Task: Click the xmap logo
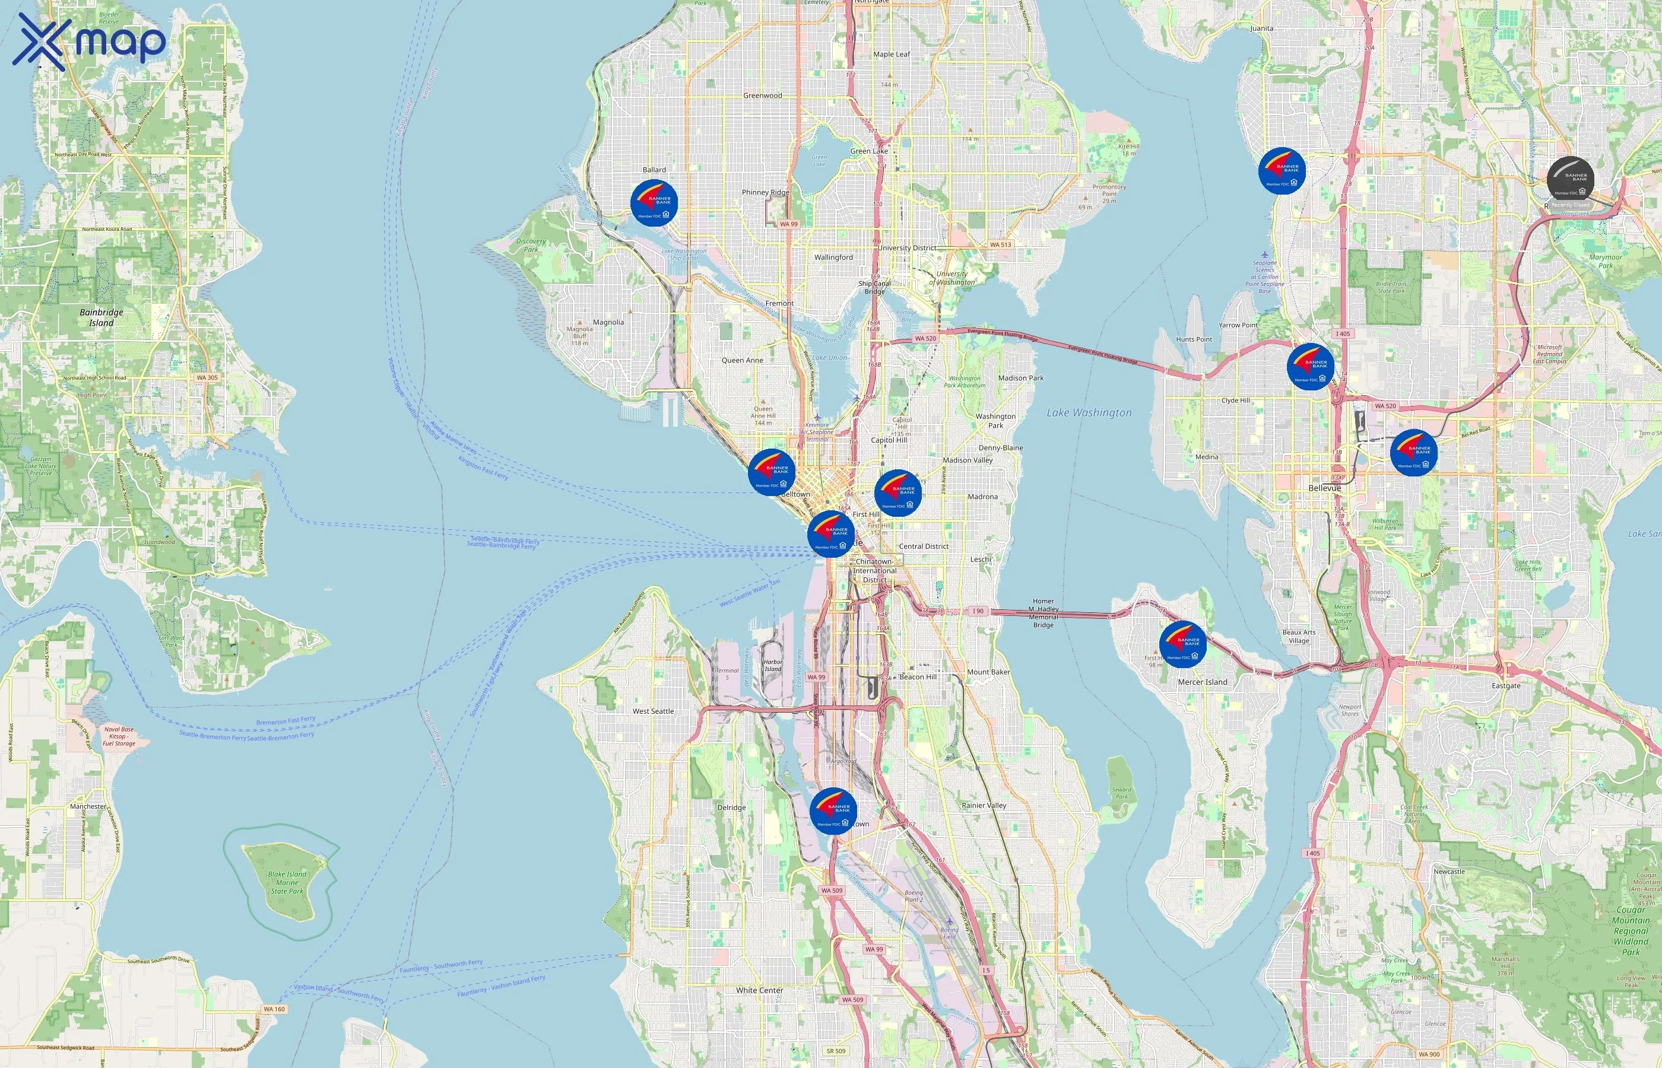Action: pos(89,42)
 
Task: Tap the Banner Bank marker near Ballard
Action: pos(654,203)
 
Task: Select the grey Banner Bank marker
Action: pos(1570,180)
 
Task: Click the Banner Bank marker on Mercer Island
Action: pos(1182,644)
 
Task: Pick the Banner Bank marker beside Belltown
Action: pos(771,472)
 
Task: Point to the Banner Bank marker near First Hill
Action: pos(897,493)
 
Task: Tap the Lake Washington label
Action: pos(1089,412)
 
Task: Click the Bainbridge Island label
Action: pos(102,317)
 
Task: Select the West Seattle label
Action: pos(653,711)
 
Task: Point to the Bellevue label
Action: pos(1324,488)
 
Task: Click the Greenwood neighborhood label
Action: pos(762,96)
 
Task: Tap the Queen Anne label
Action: pos(741,361)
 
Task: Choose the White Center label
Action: pos(760,990)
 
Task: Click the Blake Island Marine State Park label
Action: pos(287,882)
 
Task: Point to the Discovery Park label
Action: pos(531,245)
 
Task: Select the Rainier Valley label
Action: pos(984,805)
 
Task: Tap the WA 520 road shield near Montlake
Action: pos(925,338)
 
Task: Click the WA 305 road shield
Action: pos(207,378)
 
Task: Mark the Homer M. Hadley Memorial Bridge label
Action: pos(1043,613)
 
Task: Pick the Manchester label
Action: pos(88,806)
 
